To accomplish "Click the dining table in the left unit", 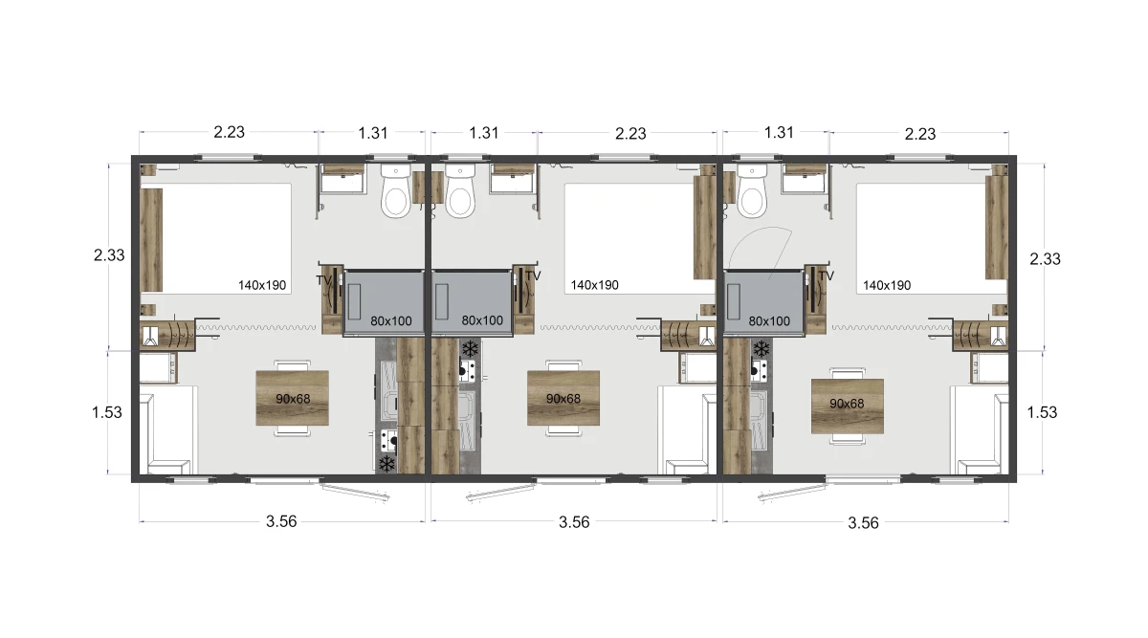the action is (x=292, y=398).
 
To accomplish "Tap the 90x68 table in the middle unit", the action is (x=563, y=398).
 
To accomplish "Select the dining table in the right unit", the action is (x=848, y=406).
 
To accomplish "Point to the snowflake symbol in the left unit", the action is (x=386, y=464).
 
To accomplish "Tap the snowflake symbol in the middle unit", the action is (x=470, y=349).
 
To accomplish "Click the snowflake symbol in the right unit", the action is (x=762, y=349).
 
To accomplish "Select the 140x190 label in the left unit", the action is (x=262, y=285).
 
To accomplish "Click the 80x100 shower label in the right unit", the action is (x=769, y=321).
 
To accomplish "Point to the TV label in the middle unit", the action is (x=533, y=276).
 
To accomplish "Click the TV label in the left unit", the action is (x=323, y=280).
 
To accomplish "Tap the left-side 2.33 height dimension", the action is (x=109, y=255).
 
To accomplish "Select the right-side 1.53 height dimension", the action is (x=1042, y=412).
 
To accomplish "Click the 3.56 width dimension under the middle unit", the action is (x=574, y=522).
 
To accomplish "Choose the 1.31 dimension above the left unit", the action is (x=372, y=133).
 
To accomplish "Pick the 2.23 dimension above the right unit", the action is (x=920, y=134).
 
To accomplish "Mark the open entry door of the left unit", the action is (x=355, y=491).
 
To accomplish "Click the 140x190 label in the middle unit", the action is (x=594, y=285).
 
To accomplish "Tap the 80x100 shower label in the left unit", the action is (x=391, y=321).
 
